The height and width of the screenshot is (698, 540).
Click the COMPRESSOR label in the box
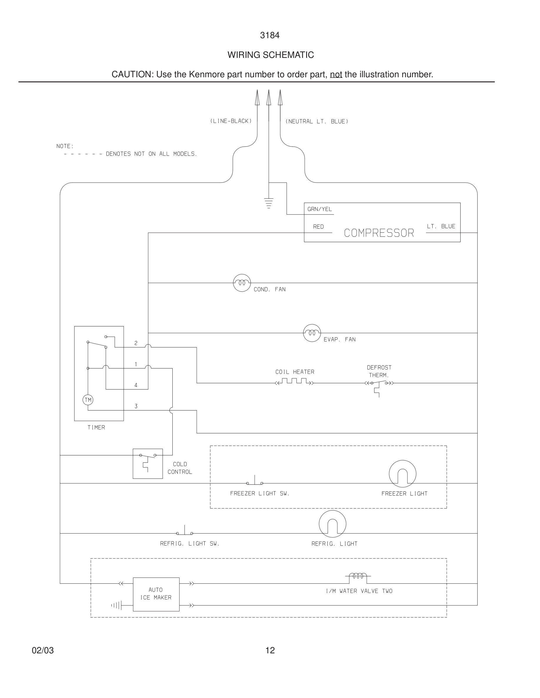[379, 233]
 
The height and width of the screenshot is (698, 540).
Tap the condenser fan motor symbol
[242, 283]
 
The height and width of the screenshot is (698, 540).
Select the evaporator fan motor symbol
[312, 333]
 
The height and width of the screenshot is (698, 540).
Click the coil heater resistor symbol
[294, 382]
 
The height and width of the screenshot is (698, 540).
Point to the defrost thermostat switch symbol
[379, 385]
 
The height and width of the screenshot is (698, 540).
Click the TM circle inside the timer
[88, 400]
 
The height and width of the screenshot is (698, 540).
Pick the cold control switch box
[148, 464]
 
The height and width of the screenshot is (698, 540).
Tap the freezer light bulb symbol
[402, 474]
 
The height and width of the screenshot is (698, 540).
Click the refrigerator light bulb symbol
[332, 524]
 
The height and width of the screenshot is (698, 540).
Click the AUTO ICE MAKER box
[156, 595]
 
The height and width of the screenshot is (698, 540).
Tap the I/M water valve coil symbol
[358, 576]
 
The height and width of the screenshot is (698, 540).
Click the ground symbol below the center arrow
[269, 203]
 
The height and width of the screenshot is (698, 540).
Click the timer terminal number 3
[136, 406]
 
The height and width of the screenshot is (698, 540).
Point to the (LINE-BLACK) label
[231, 121]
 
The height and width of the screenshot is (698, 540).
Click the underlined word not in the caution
[336, 74]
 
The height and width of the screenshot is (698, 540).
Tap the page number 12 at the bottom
[270, 650]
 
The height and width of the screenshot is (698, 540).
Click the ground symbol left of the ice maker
[116, 605]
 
